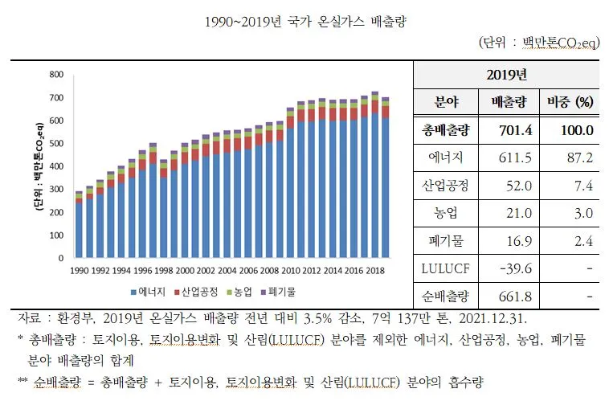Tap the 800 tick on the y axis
(55, 75)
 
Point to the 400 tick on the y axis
(55, 167)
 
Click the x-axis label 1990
(80, 272)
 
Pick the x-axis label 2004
(227, 272)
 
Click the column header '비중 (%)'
(570, 103)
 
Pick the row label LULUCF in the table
(445, 268)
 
